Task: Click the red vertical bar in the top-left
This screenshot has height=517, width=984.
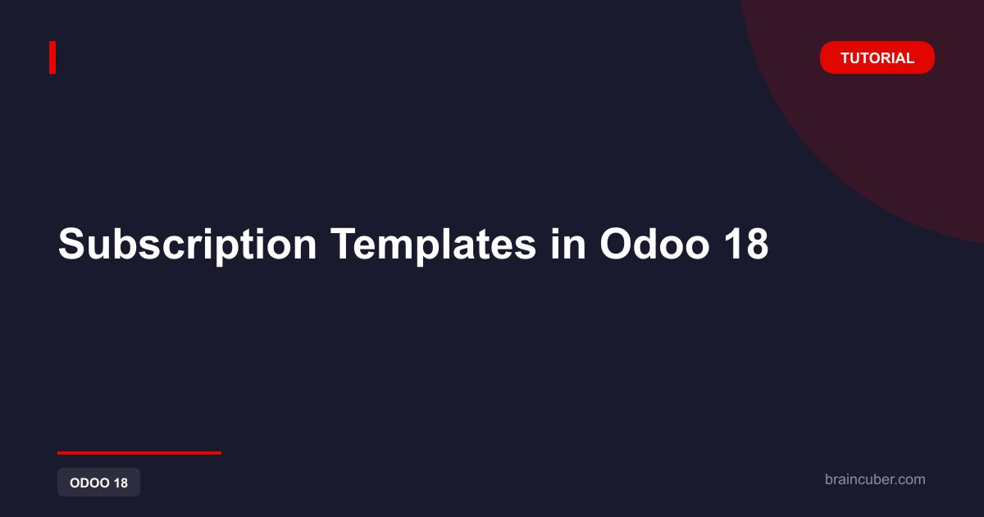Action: click(x=52, y=57)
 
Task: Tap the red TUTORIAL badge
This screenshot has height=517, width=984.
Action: click(x=877, y=57)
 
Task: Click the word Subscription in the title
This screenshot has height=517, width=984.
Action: click(x=188, y=245)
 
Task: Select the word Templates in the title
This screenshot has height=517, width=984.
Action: click(x=433, y=245)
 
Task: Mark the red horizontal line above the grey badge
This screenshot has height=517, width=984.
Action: click(x=139, y=453)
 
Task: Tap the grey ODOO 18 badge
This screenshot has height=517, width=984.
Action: click(x=99, y=483)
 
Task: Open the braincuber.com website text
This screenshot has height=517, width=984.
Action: click(x=875, y=479)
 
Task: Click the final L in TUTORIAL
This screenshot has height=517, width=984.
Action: click(x=909, y=58)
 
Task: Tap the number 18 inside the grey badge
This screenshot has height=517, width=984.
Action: click(x=121, y=483)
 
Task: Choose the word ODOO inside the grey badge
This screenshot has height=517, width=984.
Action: click(x=89, y=483)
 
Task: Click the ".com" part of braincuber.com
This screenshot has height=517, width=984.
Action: click(x=909, y=479)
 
